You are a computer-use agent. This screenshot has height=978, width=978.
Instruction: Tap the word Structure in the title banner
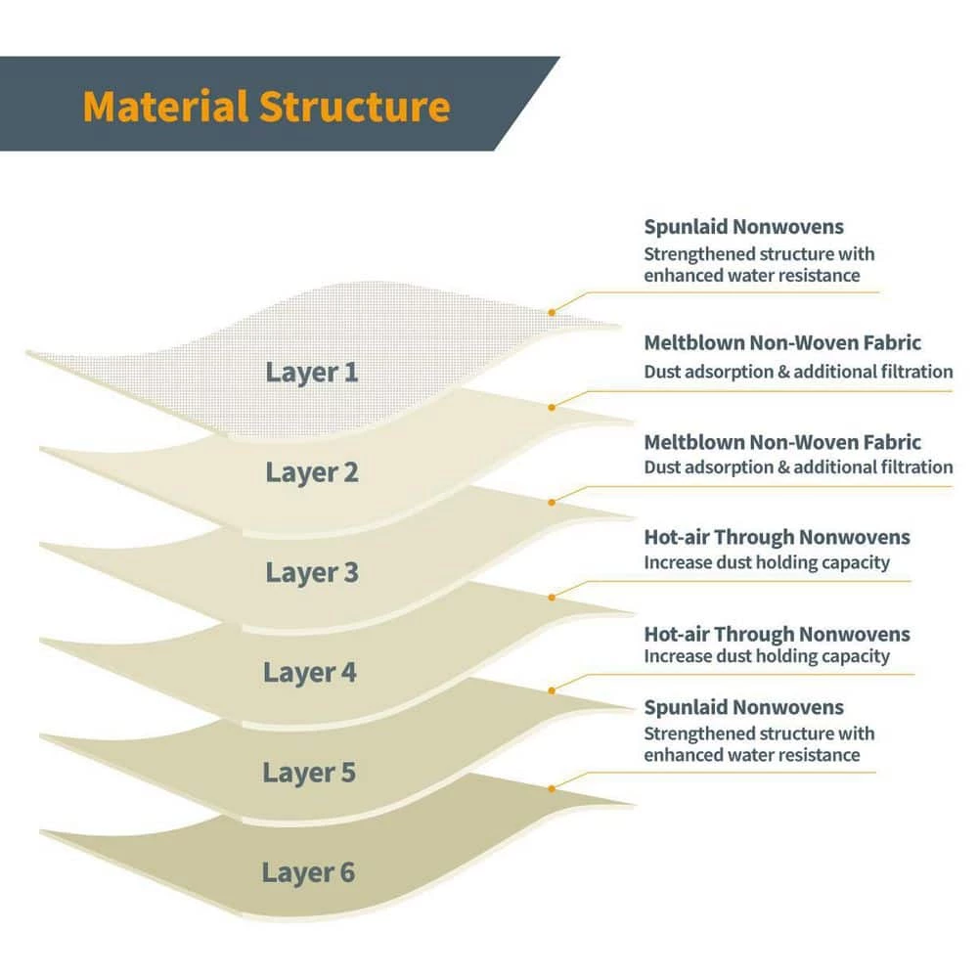click(355, 107)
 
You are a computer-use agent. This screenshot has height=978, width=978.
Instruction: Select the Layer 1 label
click(312, 373)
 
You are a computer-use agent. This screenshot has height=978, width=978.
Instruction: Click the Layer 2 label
click(312, 473)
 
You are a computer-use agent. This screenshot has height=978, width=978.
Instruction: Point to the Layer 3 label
click(312, 573)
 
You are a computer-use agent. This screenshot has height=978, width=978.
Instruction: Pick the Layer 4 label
click(310, 673)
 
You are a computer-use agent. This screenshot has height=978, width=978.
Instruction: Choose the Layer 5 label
click(309, 774)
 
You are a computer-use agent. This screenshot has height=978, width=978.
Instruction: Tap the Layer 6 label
click(308, 873)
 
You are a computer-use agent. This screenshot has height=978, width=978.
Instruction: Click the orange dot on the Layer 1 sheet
click(552, 312)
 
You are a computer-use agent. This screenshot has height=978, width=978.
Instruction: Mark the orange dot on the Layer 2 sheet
click(553, 406)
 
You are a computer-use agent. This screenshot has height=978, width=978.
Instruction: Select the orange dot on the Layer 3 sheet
click(553, 502)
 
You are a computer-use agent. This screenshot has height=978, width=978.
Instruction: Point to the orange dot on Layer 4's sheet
click(553, 596)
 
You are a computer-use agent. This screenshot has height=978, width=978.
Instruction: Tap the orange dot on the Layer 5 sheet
click(553, 690)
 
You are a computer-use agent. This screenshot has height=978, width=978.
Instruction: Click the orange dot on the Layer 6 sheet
click(553, 787)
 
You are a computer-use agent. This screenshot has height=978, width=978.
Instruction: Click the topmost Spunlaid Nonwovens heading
click(743, 228)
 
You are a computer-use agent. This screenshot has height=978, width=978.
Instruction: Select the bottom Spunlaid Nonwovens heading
click(743, 707)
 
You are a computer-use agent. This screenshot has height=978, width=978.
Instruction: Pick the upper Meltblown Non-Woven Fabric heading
click(782, 343)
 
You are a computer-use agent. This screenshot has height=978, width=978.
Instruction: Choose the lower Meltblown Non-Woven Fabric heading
click(782, 442)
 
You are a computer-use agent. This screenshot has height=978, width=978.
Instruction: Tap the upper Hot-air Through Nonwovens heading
click(777, 537)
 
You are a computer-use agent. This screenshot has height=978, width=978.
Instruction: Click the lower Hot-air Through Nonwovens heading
click(777, 634)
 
